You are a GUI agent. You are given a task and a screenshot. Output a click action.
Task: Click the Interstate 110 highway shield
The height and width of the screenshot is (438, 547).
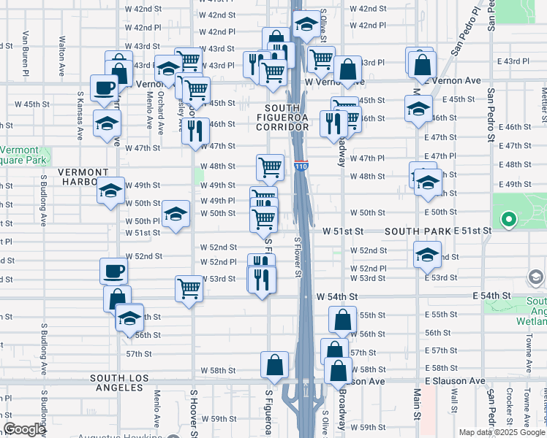pos(301,166)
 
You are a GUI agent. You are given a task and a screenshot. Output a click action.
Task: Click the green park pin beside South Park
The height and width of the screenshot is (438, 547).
pos(508,218)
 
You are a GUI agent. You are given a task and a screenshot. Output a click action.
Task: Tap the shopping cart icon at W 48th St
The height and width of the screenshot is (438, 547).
pos(270,167)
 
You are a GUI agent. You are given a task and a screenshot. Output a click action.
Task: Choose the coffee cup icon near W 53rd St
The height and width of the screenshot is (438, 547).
pos(114,272)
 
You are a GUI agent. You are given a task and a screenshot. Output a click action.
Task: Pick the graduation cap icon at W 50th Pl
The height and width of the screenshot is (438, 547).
pos(175,214)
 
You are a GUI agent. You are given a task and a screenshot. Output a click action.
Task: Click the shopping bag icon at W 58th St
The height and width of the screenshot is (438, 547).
pos(273,365)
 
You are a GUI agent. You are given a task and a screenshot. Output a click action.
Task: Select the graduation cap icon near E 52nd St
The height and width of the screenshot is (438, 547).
pos(427,255)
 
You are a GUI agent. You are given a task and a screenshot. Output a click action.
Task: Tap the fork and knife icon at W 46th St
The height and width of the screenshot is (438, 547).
pos(195,131)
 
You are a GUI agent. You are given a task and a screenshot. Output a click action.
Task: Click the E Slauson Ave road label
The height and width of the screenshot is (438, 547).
pos(454,381)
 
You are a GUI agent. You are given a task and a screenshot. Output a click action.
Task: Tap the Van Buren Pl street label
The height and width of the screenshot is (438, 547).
pos(26,53)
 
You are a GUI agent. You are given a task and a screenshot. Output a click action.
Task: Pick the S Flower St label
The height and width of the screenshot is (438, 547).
pos(298,257)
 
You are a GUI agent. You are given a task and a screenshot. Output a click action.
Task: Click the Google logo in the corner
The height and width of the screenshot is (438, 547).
pos(24,429)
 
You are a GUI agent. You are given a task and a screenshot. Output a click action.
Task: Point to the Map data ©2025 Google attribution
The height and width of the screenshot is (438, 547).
pos(501,432)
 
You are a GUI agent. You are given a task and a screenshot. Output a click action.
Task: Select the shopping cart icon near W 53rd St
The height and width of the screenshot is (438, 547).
pos(189,288)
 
